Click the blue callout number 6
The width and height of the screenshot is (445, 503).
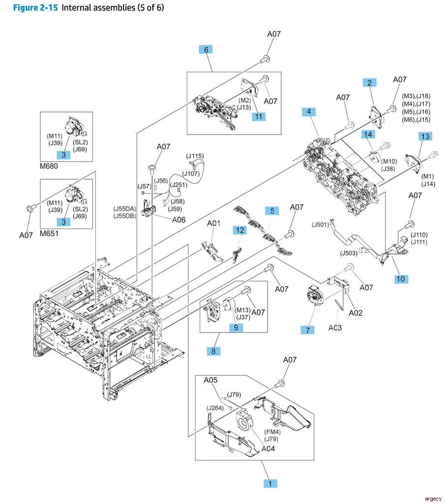click(206, 50)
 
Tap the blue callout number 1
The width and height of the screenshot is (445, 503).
click(270, 483)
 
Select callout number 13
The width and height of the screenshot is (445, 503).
click(425, 136)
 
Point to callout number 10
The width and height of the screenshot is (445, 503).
click(401, 279)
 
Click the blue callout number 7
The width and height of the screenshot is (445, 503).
click(308, 331)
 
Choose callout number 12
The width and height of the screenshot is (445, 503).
click(239, 229)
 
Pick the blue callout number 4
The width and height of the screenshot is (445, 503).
click(309, 112)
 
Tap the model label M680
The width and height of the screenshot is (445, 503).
click(50, 166)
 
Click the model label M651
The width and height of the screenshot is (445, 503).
click(50, 234)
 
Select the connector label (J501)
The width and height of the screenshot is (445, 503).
click(320, 225)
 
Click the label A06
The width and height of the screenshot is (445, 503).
click(178, 221)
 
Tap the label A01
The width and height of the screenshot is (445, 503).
click(213, 223)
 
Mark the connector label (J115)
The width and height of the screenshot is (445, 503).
click(195, 156)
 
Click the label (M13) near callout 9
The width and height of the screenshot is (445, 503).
click(242, 310)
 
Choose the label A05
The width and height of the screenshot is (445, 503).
click(210, 379)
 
